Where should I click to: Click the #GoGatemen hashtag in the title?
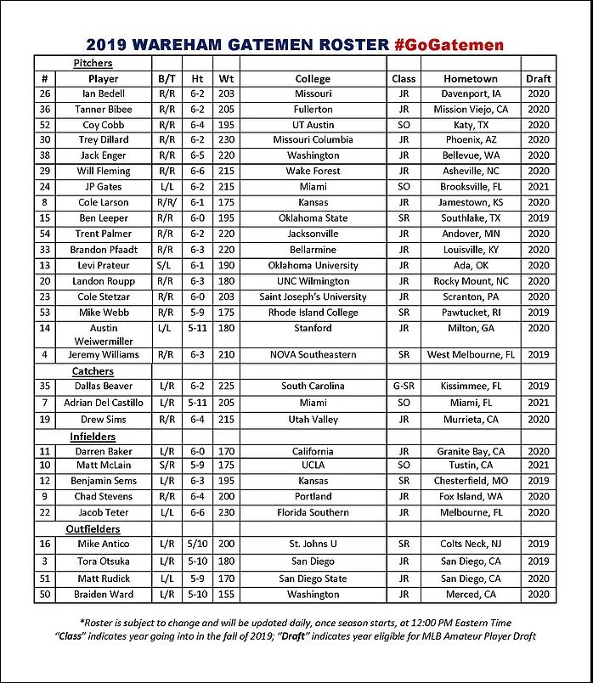click(449, 44)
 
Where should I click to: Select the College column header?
click(313, 78)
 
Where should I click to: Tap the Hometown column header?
click(471, 78)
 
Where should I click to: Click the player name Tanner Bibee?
click(104, 110)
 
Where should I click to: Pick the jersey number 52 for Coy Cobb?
click(45, 125)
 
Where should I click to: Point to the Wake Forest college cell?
click(313, 172)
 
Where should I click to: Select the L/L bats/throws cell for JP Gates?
click(167, 187)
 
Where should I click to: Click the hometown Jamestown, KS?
click(471, 203)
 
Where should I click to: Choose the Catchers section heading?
click(93, 371)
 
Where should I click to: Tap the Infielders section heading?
click(93, 437)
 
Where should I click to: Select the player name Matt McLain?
click(104, 466)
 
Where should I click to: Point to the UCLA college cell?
click(313, 466)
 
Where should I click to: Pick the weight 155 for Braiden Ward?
click(224, 595)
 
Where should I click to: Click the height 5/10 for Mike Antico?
click(197, 544)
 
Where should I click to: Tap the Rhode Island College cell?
click(313, 313)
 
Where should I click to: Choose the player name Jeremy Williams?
click(104, 354)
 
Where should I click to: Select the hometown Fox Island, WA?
click(471, 496)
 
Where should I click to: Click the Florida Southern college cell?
click(313, 512)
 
